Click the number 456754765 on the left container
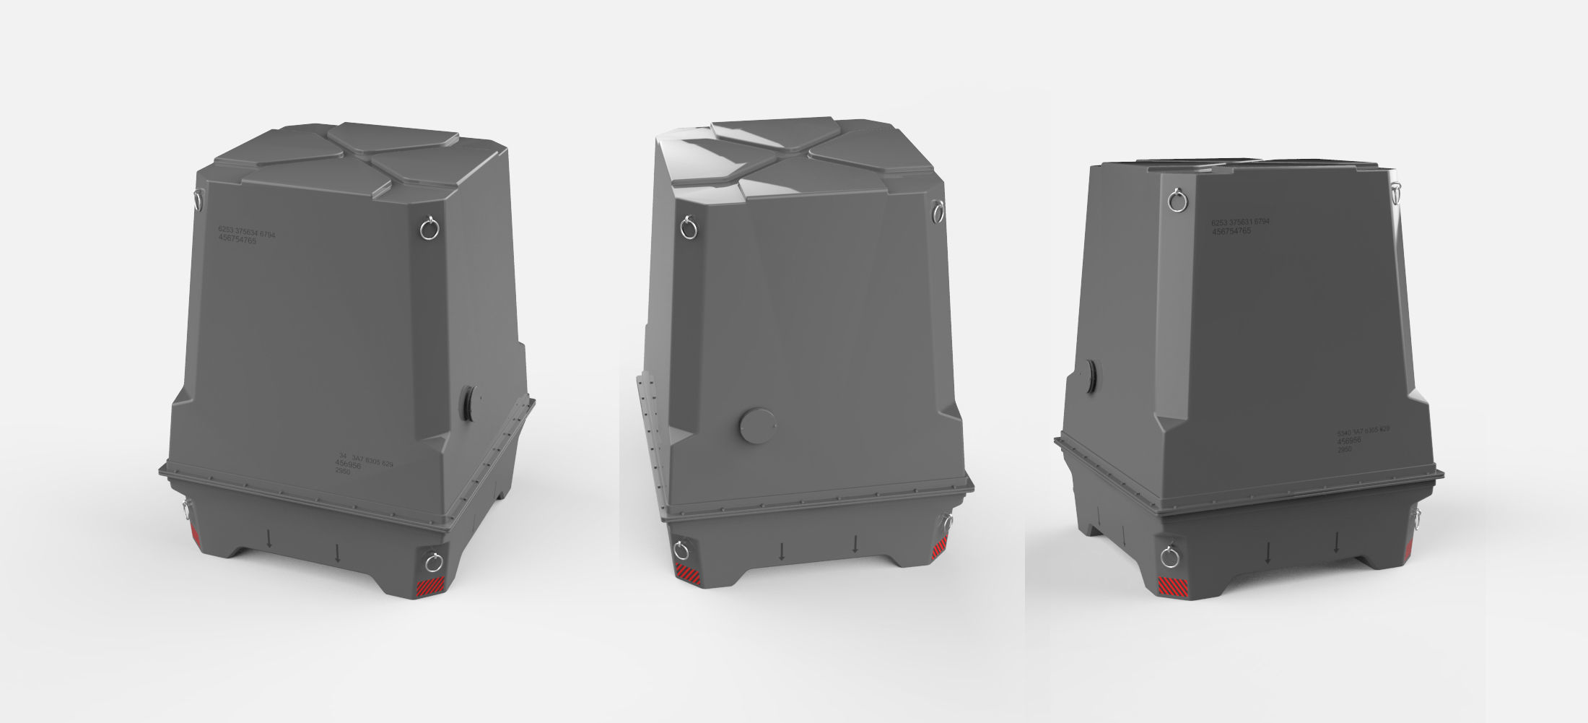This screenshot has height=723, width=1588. tap(237, 241)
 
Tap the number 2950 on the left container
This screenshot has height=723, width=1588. tap(344, 470)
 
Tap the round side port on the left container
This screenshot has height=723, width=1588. tap(466, 403)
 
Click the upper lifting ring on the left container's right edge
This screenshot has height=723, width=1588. tap(427, 229)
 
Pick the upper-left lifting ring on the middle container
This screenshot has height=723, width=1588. tap(689, 229)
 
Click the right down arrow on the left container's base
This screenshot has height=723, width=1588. tap(338, 554)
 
